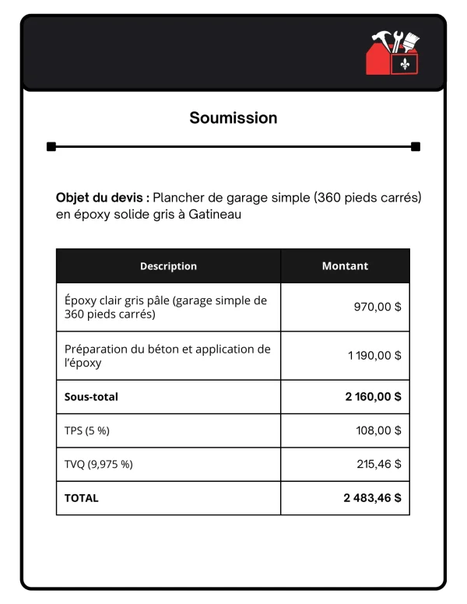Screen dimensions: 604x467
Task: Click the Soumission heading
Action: point(233,118)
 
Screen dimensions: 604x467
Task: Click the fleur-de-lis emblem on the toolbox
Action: point(404,63)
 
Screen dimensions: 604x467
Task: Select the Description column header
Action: point(168,266)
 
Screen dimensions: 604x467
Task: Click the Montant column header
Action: point(345,266)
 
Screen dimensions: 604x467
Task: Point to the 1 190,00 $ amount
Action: point(374,356)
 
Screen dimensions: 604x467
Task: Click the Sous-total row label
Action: point(91,397)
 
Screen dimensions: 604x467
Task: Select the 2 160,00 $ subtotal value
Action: point(373,397)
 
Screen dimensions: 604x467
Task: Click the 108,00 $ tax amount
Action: point(377,430)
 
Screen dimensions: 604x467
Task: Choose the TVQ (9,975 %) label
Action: point(98,465)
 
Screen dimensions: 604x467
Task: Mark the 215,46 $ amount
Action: point(379,465)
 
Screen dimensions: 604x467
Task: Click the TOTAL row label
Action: point(82,498)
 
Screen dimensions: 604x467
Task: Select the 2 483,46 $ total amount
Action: point(372,498)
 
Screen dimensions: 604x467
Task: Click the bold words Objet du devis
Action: point(103,198)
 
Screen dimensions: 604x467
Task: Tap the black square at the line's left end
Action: point(51,146)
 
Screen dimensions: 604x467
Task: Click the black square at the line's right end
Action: point(416,146)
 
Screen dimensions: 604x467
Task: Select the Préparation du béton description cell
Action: point(167,356)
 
